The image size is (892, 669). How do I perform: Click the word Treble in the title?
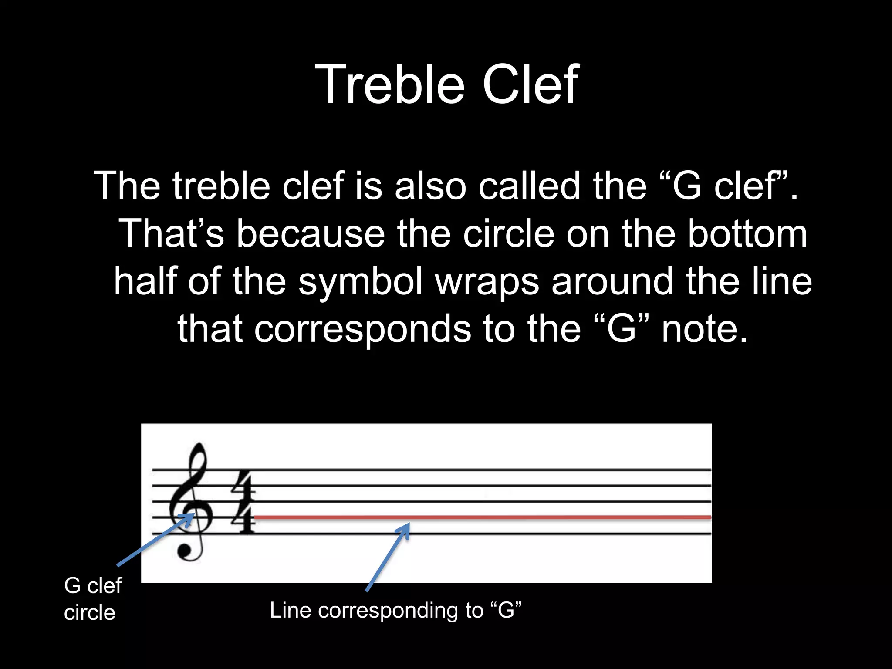[x=389, y=85]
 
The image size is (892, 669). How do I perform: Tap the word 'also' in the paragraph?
[x=430, y=186]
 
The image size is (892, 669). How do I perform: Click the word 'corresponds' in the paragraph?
[x=362, y=330]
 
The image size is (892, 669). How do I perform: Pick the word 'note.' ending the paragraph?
[x=704, y=330]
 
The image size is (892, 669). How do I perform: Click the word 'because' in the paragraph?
[x=311, y=234]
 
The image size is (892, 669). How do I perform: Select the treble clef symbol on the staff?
[x=192, y=501]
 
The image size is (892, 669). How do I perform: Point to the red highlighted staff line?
[x=523, y=517]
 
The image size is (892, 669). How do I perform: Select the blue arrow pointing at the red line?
[x=388, y=557]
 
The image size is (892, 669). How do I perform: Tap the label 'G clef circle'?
[x=92, y=599]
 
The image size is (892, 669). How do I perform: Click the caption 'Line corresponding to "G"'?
[x=395, y=610]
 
